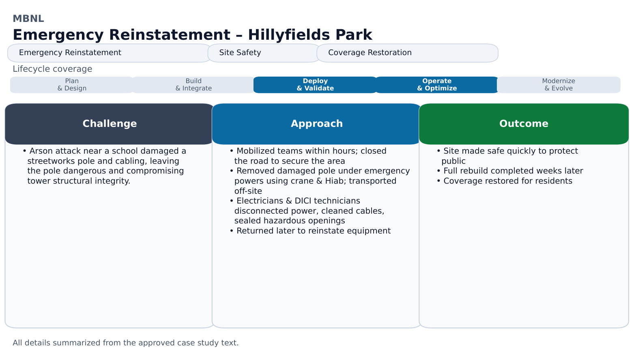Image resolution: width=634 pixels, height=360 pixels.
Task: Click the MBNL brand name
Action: (28, 19)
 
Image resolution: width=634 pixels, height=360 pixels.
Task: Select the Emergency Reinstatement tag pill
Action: (109, 53)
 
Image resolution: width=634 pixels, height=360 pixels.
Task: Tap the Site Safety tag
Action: (264, 53)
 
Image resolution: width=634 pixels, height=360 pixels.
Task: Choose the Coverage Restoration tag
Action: (407, 53)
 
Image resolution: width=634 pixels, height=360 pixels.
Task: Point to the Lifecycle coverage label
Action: (52, 69)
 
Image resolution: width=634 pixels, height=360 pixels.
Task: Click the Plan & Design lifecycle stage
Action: (72, 85)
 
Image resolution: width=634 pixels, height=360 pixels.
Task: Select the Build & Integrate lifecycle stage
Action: (193, 85)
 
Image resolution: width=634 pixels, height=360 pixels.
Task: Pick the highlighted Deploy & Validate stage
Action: (315, 85)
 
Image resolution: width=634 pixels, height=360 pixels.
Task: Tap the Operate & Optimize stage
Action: (437, 85)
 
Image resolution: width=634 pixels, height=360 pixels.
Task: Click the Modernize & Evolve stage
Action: (559, 85)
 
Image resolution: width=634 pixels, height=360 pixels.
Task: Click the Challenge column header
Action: (110, 124)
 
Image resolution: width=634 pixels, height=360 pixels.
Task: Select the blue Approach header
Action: (316, 124)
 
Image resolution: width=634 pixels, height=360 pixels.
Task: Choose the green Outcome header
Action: (524, 124)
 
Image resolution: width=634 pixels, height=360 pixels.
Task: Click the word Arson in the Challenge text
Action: (41, 151)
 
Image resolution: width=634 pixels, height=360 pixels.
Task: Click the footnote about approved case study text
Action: (125, 343)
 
